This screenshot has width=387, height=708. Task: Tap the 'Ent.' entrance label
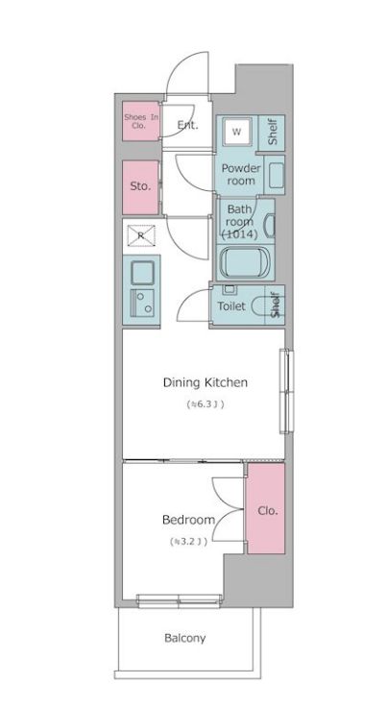click(x=187, y=125)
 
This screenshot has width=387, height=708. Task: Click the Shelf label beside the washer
click(x=273, y=133)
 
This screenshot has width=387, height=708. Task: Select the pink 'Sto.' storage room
click(x=140, y=185)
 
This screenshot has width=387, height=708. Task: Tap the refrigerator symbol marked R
click(x=140, y=234)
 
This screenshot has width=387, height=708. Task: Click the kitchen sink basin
click(x=141, y=270)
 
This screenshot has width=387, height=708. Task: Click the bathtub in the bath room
click(x=246, y=262)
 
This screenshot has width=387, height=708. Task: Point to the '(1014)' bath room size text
click(x=238, y=233)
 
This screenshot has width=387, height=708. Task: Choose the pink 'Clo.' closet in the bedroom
click(x=266, y=510)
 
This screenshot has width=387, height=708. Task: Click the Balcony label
click(x=183, y=637)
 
